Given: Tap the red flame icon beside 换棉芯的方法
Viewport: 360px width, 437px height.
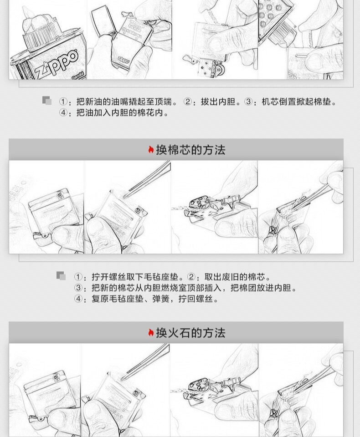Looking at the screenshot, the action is pyautogui.click(x=151, y=150).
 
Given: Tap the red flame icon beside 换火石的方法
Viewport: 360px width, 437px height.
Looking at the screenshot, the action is pyautogui.click(x=151, y=333).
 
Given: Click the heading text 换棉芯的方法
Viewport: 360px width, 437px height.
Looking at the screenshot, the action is pyautogui.click(x=190, y=150).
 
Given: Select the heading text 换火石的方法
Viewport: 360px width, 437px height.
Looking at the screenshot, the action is pyautogui.click(x=190, y=333).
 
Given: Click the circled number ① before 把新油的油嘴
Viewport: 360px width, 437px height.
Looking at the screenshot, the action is pyautogui.click(x=63, y=102).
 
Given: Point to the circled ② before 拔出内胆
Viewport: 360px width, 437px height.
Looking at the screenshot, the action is pyautogui.click(x=187, y=102).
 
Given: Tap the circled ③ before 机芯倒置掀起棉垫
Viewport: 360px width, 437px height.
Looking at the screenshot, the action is pyautogui.click(x=248, y=102).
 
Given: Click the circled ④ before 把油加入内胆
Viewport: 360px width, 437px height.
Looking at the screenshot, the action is pyautogui.click(x=63, y=113).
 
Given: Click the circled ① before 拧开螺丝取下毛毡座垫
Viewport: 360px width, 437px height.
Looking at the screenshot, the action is pyautogui.click(x=78, y=277).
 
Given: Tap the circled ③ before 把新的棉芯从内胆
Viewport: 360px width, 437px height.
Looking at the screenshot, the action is pyautogui.click(x=78, y=288).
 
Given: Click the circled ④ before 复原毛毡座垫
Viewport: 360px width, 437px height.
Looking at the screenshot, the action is pyautogui.click(x=78, y=299).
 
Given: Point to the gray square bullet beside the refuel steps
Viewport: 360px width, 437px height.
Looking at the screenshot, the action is pyautogui.click(x=47, y=101).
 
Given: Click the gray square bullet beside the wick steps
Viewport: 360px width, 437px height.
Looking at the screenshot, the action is pyautogui.click(x=61, y=276).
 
